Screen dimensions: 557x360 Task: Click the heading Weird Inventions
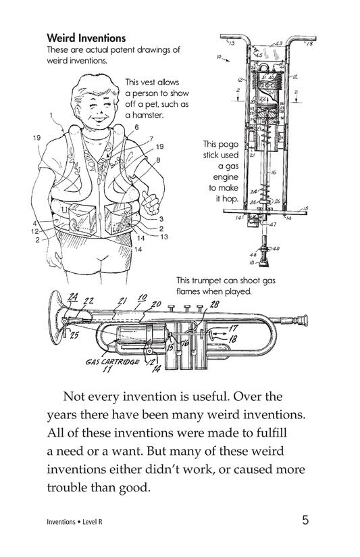tap(86, 37)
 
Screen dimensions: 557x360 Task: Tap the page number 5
tap(306, 520)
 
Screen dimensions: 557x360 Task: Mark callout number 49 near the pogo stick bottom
tap(276, 248)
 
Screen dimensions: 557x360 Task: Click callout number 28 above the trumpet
tap(214, 305)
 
